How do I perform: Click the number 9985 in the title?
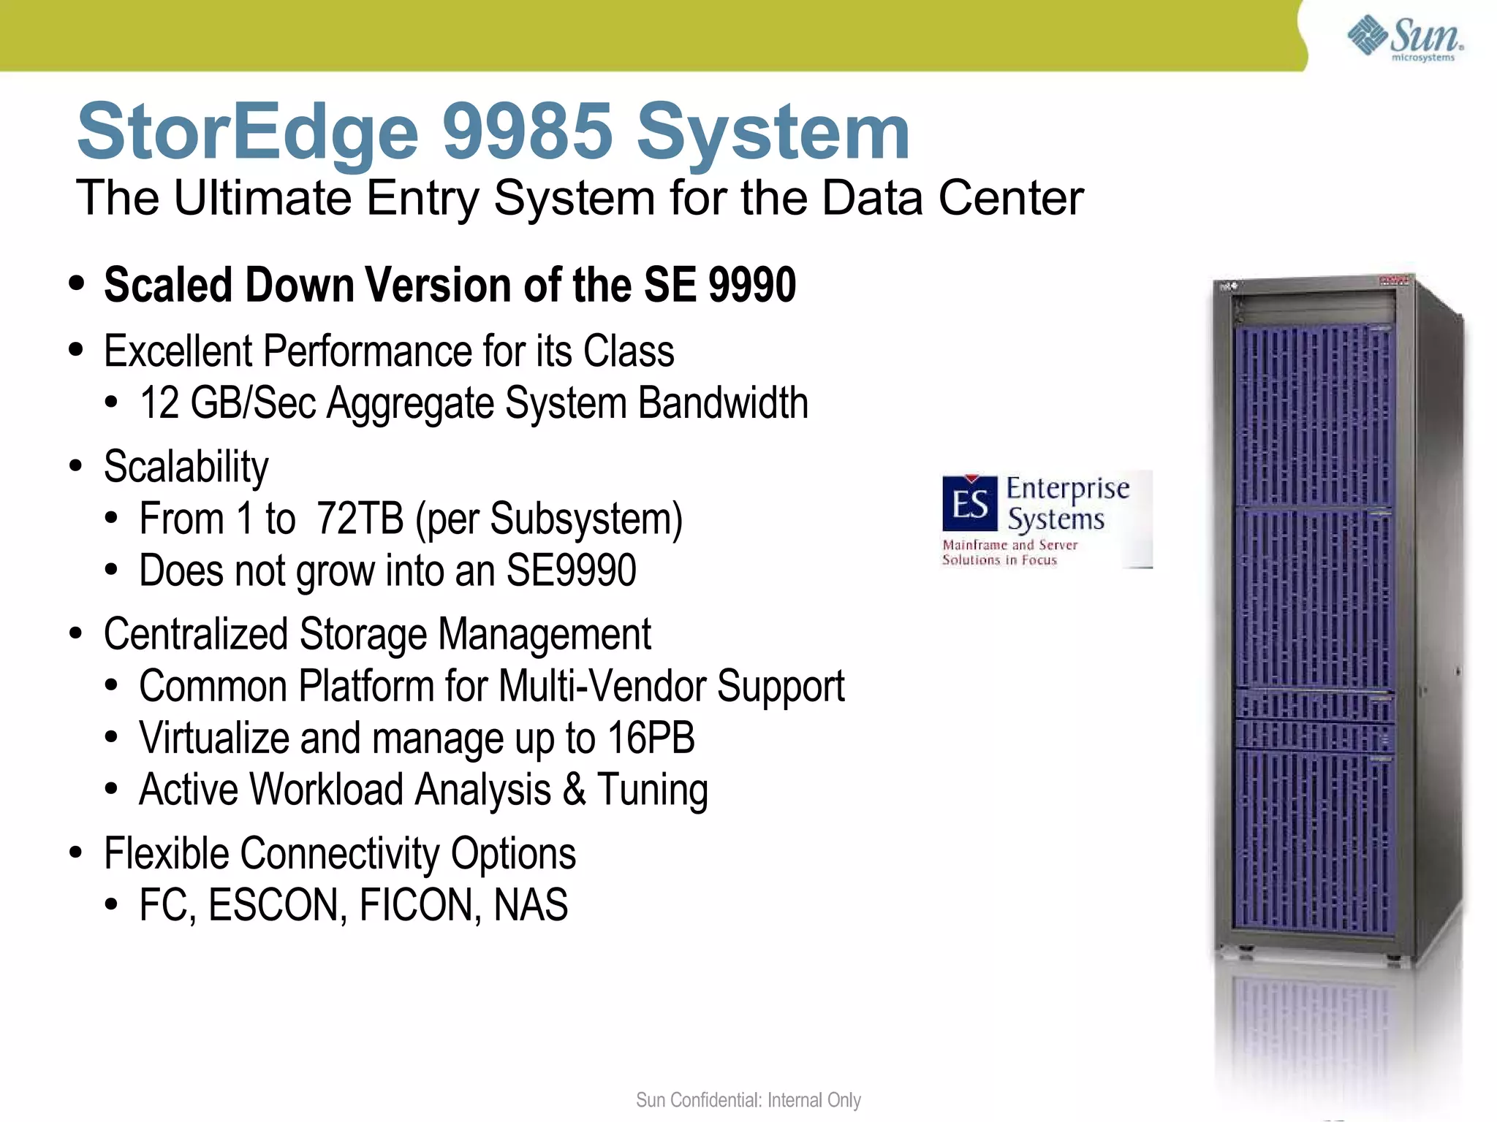pyautogui.click(x=527, y=132)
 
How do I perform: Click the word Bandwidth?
pyautogui.click(x=723, y=403)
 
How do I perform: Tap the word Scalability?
pyautogui.click(x=186, y=467)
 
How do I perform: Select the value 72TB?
pyautogui.click(x=360, y=519)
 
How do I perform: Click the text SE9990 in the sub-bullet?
pyautogui.click(x=571, y=570)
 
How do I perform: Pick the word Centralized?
pyautogui.click(x=195, y=634)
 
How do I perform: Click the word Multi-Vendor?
pyautogui.click(x=603, y=687)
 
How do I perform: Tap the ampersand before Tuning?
pyautogui.click(x=575, y=790)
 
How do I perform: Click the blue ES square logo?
pyautogui.click(x=969, y=503)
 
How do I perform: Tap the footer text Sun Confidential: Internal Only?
pyautogui.click(x=748, y=1100)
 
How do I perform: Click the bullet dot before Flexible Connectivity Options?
pyautogui.click(x=76, y=853)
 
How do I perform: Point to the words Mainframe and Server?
pyautogui.click(x=1009, y=545)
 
